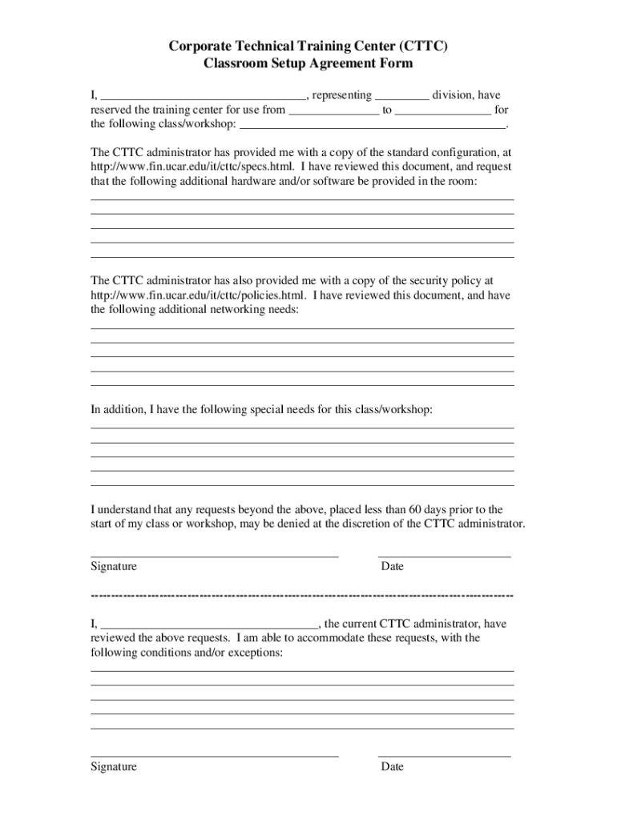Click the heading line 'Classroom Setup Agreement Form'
pos(308,64)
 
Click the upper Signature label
pos(114,566)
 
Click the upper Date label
pos(393,566)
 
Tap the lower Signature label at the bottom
pos(114,766)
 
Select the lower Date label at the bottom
pos(393,766)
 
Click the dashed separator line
pos(302,596)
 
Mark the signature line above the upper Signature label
pos(214,556)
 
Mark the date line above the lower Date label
pos(444,756)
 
